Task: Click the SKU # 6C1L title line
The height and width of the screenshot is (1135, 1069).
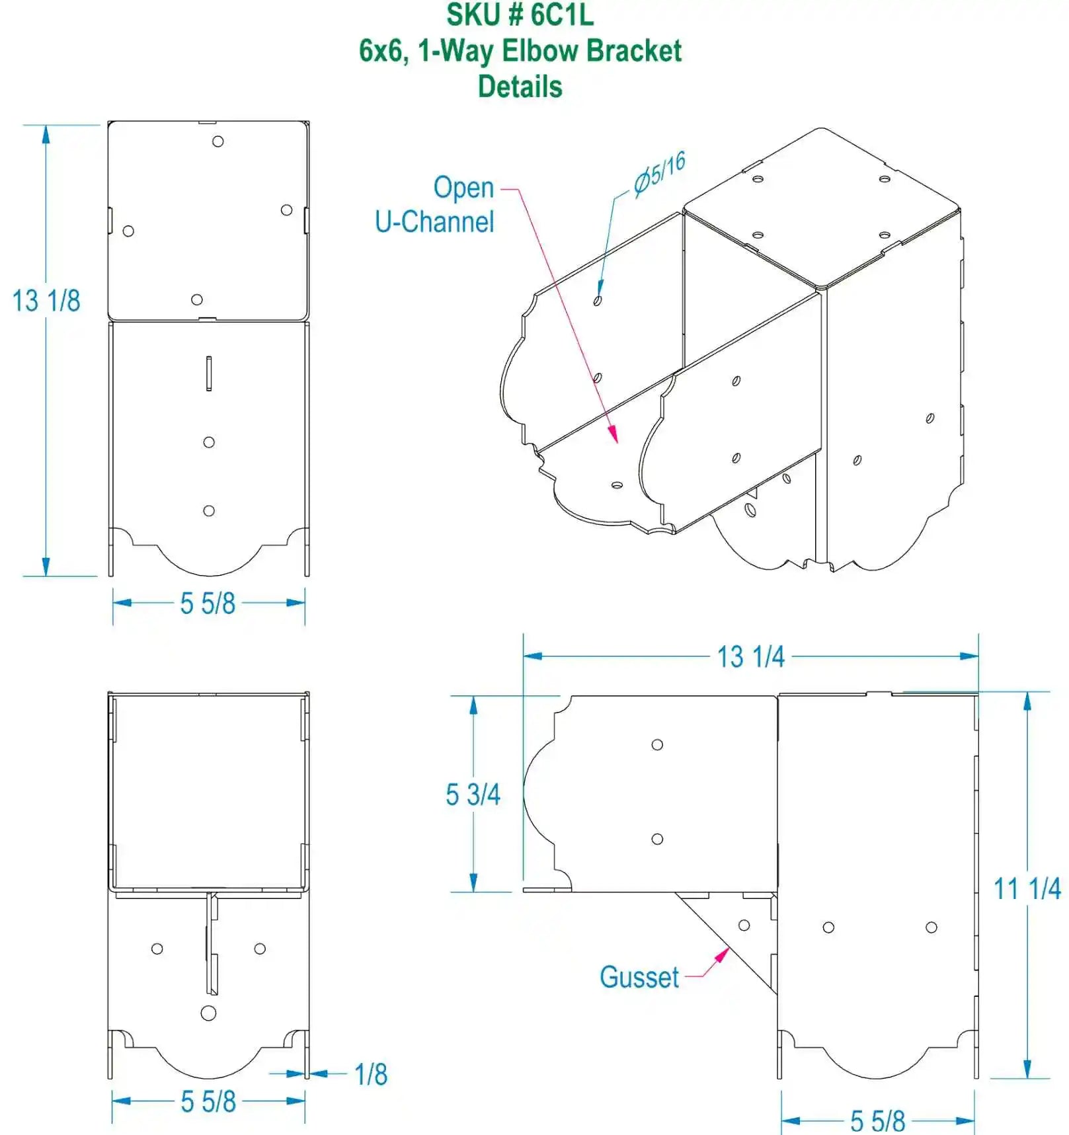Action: tap(520, 15)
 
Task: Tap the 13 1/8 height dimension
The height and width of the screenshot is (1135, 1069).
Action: tap(46, 301)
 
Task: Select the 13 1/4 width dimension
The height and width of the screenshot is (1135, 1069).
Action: tap(751, 657)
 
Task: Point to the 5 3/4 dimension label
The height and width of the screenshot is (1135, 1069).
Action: tap(473, 795)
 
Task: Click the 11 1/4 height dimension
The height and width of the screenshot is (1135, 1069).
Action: tap(1027, 888)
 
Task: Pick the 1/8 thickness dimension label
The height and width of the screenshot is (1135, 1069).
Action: tap(371, 1074)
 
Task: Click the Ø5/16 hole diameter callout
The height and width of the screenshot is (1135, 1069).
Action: tap(658, 173)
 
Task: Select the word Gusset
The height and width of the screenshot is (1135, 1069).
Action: tap(639, 977)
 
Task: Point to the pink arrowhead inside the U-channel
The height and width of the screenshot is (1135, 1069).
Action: tap(614, 435)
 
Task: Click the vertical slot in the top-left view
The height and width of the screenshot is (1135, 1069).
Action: tap(209, 373)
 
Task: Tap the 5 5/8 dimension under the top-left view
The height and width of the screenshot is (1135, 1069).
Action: tap(208, 604)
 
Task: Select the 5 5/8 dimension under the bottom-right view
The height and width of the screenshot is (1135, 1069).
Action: tap(877, 1121)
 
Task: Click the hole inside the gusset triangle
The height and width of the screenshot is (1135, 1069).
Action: tap(744, 925)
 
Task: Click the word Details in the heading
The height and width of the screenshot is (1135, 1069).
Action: tap(520, 87)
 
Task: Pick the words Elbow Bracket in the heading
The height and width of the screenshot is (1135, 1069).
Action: tap(592, 51)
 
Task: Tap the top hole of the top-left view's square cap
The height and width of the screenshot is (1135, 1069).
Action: tap(218, 141)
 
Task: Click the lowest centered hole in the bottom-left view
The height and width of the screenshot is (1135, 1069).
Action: tap(208, 1013)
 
